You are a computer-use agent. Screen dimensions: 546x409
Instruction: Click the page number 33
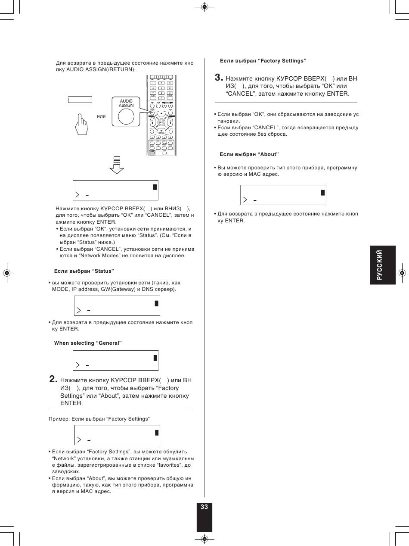pos(204,507)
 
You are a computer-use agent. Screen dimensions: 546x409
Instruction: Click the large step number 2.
pos(53,380)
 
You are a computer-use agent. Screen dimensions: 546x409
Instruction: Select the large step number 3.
pos(219,78)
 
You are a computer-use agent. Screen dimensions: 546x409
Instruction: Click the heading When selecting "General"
pos(88,343)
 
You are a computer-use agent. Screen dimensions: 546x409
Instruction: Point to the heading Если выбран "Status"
pos(84,271)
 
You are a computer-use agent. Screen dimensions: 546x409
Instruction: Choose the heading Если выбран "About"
pos(249,154)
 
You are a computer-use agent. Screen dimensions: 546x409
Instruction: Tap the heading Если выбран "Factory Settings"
pos(263,61)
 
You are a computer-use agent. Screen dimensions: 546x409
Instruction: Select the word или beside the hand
pos(101,116)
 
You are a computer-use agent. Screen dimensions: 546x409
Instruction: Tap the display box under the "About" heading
pos(283,195)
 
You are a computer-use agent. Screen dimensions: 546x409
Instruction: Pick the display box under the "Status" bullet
pos(117,306)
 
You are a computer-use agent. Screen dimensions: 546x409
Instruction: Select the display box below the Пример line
pos(117,435)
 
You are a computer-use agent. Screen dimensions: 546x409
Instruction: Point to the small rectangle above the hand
pos(80,101)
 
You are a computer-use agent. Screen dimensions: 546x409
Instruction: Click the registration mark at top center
pos(204,7)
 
